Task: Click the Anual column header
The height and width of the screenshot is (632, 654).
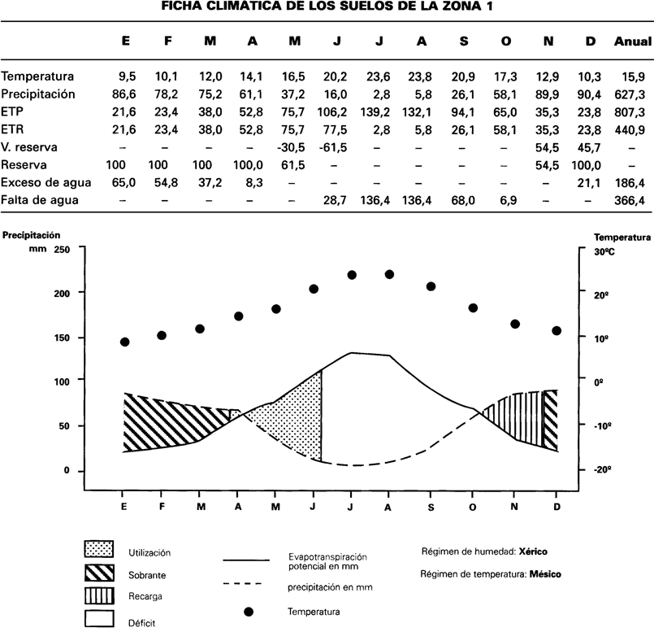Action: pyautogui.click(x=632, y=41)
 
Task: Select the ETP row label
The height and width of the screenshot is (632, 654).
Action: pyautogui.click(x=12, y=111)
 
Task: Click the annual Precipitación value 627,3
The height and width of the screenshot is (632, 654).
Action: pyautogui.click(x=630, y=94)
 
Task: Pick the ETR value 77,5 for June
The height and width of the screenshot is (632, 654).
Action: pyautogui.click(x=335, y=129)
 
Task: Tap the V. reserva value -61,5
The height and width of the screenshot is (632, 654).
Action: pyautogui.click(x=333, y=147)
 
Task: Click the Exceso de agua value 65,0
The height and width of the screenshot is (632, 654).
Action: pyautogui.click(x=123, y=182)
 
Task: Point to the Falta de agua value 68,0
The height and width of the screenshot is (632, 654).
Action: pyautogui.click(x=463, y=200)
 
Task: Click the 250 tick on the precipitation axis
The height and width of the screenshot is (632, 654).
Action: pyautogui.click(x=62, y=250)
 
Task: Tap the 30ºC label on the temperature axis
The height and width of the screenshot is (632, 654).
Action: pyautogui.click(x=604, y=252)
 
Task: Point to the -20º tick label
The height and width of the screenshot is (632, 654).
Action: pyautogui.click(x=603, y=470)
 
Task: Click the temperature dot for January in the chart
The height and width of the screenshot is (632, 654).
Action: pyautogui.click(x=125, y=342)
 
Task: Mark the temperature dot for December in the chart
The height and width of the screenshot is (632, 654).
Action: pyautogui.click(x=557, y=331)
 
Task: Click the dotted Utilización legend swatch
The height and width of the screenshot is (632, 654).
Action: pyautogui.click(x=99, y=549)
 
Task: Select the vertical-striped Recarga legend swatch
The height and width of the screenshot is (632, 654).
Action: pyautogui.click(x=99, y=595)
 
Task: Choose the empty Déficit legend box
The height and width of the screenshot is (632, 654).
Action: pyautogui.click(x=99, y=619)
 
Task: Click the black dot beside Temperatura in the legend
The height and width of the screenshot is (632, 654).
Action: pyautogui.click(x=249, y=612)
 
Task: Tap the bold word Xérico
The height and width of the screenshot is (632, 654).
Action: pyautogui.click(x=533, y=551)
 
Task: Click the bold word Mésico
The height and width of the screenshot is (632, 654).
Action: pyautogui.click(x=545, y=574)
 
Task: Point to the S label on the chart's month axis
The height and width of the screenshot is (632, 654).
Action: pyautogui.click(x=431, y=508)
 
